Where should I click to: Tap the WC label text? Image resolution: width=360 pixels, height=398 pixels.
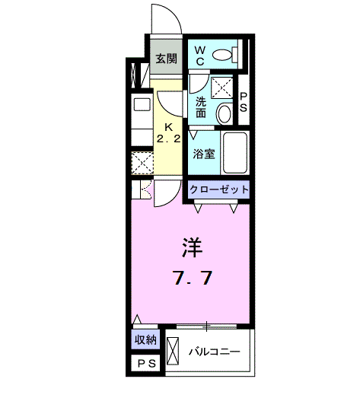(200, 53)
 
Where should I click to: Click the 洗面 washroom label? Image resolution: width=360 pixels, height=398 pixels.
(201, 107)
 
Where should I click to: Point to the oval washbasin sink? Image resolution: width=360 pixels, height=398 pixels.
(225, 115)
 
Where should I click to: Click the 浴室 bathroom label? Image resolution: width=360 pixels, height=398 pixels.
(203, 154)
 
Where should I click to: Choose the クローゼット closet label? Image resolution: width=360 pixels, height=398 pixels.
(218, 189)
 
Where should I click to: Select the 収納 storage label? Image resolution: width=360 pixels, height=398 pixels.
(146, 340)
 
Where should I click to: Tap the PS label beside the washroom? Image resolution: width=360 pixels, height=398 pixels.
(244, 102)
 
